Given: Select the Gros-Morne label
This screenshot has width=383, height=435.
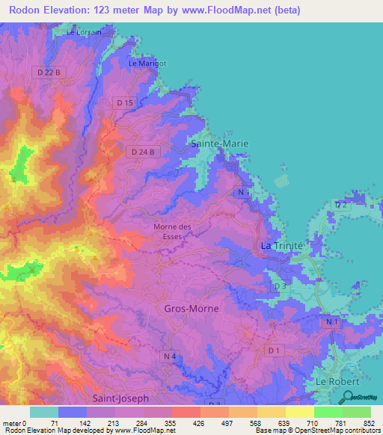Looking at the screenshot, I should [x=184, y=308].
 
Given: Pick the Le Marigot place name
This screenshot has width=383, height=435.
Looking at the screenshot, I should [x=147, y=64].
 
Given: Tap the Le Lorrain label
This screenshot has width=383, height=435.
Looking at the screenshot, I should [x=84, y=33].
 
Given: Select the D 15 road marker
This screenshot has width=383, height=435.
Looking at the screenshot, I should [x=125, y=102].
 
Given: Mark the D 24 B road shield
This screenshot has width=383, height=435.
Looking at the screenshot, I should [x=142, y=152].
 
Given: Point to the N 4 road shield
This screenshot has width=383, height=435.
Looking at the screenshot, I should [x=171, y=357].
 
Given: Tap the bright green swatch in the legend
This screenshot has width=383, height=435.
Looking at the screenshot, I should [x=328, y=412].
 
